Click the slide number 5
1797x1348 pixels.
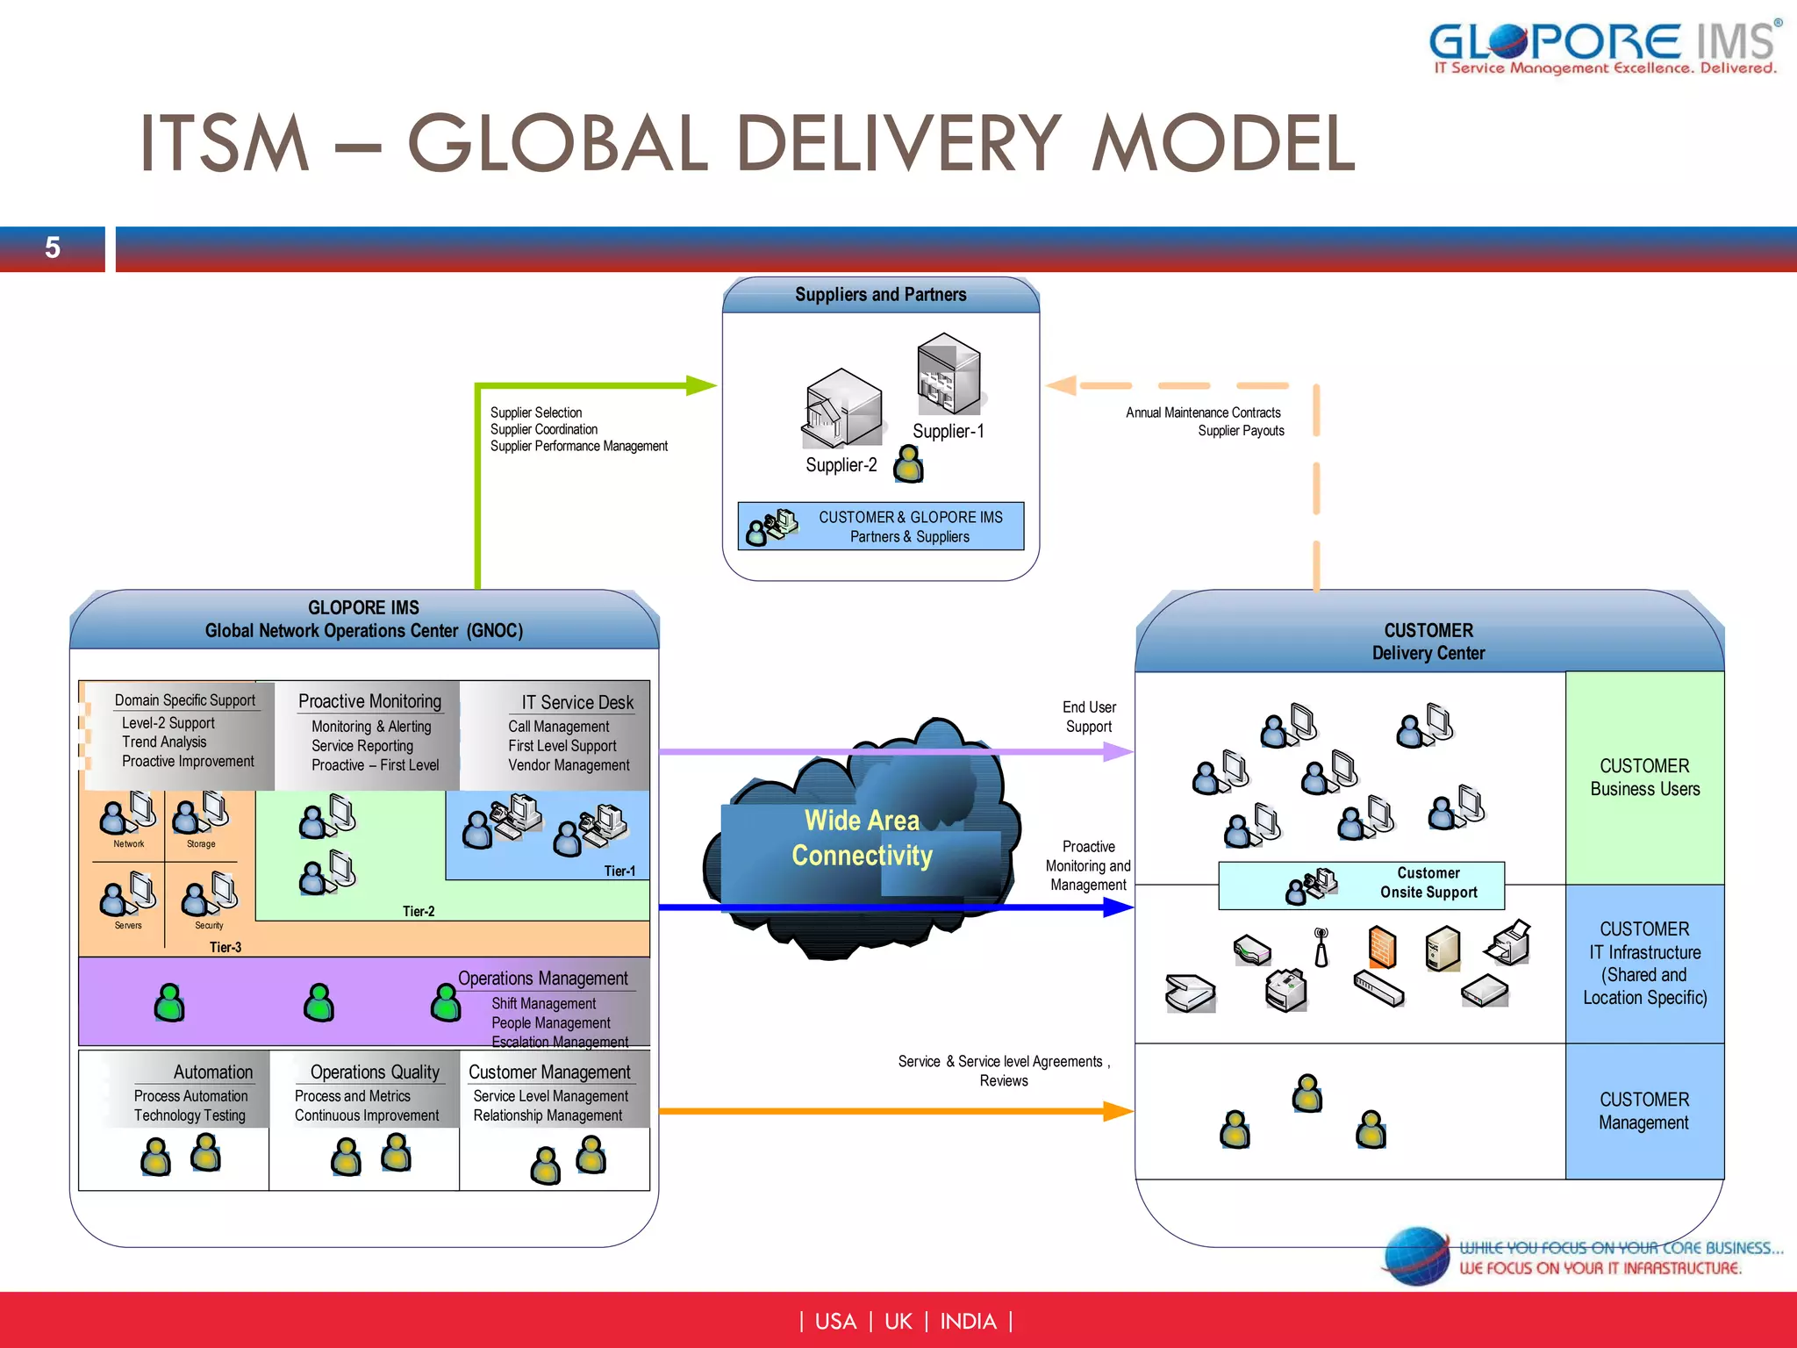coord(53,248)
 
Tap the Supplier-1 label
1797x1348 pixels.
coord(948,431)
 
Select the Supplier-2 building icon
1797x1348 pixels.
coord(841,408)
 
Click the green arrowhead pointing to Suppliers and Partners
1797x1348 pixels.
coord(702,385)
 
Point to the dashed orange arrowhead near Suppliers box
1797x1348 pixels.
coord(1062,385)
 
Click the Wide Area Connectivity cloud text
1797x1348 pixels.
coord(862,838)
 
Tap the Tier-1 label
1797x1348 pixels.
coord(619,871)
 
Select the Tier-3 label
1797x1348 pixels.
coord(226,947)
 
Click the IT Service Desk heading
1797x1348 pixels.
coord(576,702)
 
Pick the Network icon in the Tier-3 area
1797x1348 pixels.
coord(127,814)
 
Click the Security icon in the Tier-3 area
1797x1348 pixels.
coord(209,895)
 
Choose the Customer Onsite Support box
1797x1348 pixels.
coord(1361,885)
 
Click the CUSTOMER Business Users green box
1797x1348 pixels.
coord(1644,778)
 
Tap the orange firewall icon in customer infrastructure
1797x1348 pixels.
coord(1382,948)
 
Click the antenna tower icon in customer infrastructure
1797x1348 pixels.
coord(1321,948)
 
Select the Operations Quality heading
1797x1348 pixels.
coord(375,1072)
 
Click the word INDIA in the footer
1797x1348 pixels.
coord(968,1321)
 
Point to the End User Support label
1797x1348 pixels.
coord(1089,717)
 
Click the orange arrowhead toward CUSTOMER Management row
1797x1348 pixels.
coord(1118,1111)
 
